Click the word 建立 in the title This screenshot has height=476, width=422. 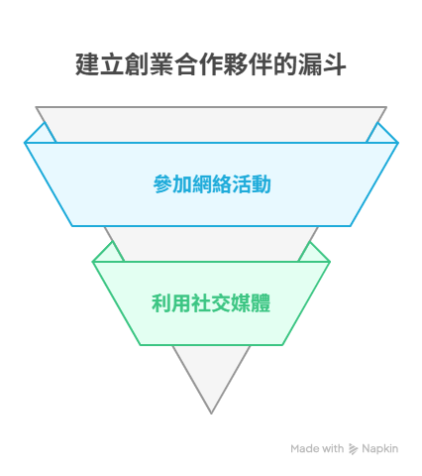pyautogui.click(x=100, y=64)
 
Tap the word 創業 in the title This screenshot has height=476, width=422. pyautogui.click(x=150, y=64)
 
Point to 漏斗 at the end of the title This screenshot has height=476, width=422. pyautogui.click(x=322, y=64)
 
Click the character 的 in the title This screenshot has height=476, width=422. pyautogui.click(x=285, y=64)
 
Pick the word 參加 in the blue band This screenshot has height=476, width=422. pyautogui.click(x=172, y=184)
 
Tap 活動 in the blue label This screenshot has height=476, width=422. pyautogui.click(x=252, y=184)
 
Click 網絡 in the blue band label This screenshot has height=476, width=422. pyautogui.click(x=212, y=184)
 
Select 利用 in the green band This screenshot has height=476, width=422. pyautogui.click(x=171, y=303)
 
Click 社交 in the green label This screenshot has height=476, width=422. pyautogui.click(x=211, y=303)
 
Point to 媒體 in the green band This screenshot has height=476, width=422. pyautogui.click(x=251, y=303)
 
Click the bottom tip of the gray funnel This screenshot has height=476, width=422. pyautogui.click(x=211, y=414)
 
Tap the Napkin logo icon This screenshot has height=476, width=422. pyautogui.click(x=353, y=449)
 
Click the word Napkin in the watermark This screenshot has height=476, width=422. pyautogui.click(x=380, y=449)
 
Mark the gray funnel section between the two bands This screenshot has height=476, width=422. pyautogui.click(x=211, y=244)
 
